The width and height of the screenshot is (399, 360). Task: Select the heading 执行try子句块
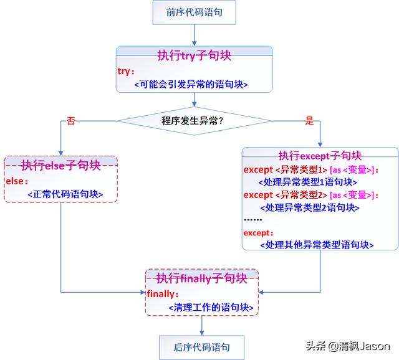(194, 55)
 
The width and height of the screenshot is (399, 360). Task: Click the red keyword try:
(126, 71)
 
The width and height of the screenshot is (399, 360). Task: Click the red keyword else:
(16, 181)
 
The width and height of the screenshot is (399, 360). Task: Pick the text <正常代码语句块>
(65, 195)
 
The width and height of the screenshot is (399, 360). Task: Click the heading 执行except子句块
(320, 155)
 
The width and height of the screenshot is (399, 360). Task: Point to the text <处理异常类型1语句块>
(307, 182)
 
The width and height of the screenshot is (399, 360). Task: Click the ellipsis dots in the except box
(252, 219)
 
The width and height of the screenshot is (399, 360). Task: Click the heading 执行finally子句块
(201, 278)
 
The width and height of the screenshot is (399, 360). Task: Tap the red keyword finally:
(163, 293)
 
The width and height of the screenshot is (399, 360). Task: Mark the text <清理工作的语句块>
(211, 307)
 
